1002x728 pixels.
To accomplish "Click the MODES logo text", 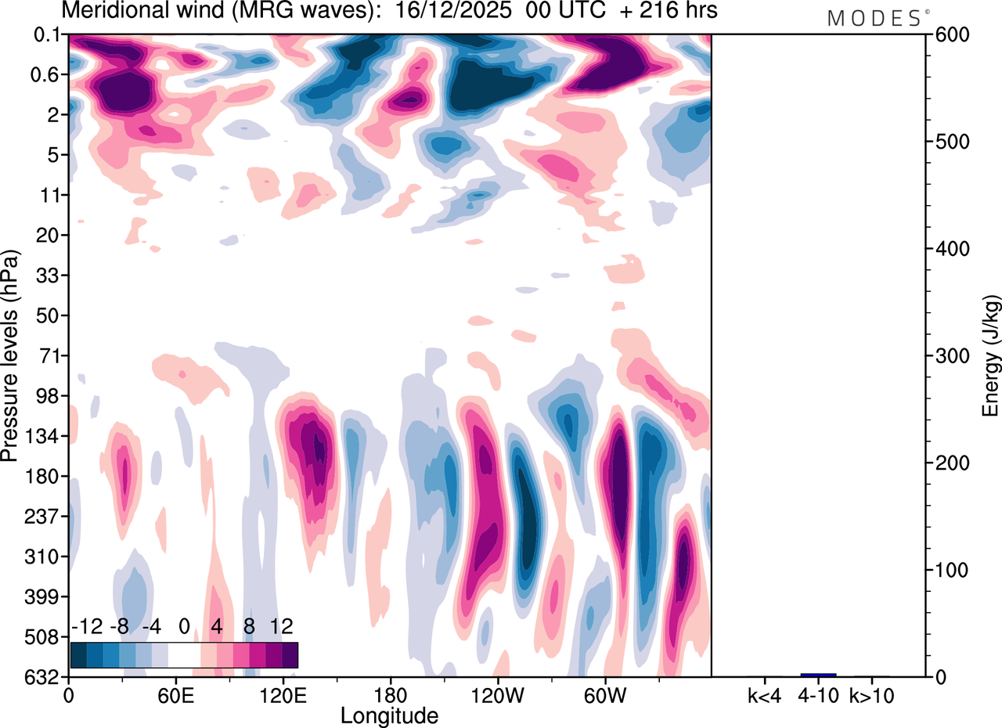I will click(874, 19).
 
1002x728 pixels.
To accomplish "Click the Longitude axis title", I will click(389, 715).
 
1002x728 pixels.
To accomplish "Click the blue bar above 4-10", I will click(818, 675).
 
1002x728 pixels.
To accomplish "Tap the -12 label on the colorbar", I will click(88, 626).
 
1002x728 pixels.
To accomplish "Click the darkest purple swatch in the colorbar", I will click(290, 654).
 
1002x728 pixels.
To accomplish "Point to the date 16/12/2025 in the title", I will click(454, 12).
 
